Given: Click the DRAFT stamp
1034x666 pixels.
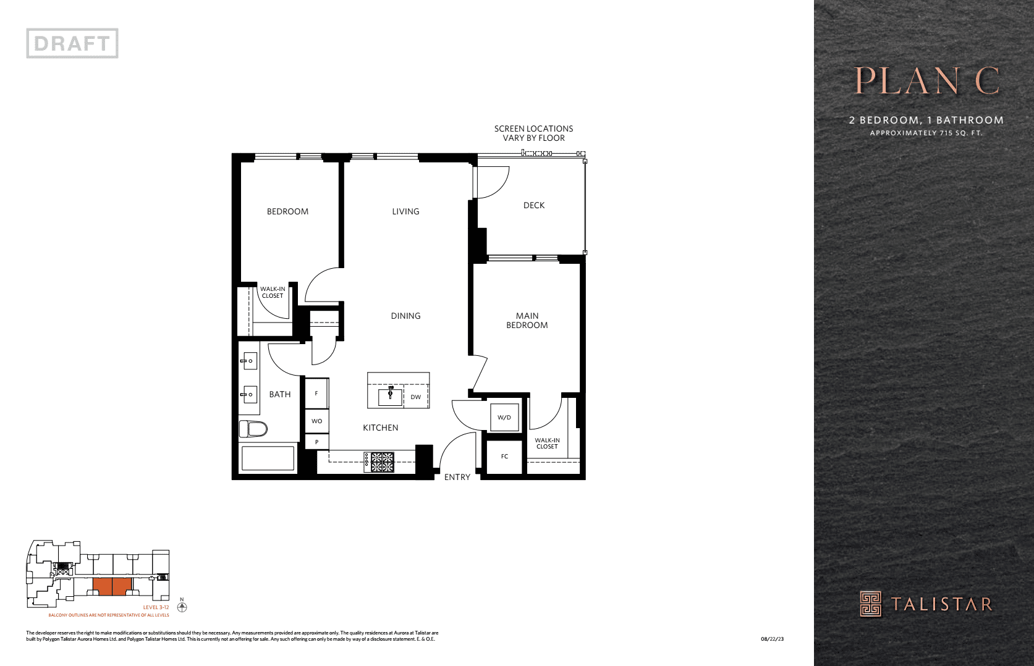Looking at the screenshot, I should click(72, 43).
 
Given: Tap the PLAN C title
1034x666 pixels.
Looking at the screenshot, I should click(926, 81).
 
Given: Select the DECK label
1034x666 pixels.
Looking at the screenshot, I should click(534, 205).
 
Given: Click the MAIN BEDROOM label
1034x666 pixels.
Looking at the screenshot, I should click(527, 320).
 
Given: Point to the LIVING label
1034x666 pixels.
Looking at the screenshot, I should click(405, 211).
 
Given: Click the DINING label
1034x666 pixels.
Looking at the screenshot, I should click(405, 316).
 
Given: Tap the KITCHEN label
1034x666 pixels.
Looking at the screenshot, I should click(380, 428).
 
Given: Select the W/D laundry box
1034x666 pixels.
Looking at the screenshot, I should click(504, 417).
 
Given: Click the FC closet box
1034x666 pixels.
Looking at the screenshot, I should click(504, 456).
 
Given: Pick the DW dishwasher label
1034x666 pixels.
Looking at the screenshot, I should click(416, 397).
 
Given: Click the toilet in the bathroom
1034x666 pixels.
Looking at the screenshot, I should click(253, 428).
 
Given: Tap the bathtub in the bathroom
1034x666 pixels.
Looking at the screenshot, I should click(268, 458).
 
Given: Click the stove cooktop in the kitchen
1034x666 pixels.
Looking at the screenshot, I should click(379, 462).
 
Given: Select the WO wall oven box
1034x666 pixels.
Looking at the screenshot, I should click(316, 421).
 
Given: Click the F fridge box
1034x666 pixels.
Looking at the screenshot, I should click(316, 393).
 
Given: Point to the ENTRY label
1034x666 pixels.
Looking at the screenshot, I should click(457, 477).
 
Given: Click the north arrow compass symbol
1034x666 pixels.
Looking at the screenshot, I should click(182, 607).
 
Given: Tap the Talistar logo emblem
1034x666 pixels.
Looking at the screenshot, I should click(871, 604).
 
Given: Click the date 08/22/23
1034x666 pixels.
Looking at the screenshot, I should click(772, 639).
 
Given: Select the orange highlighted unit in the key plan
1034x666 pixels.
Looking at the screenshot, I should click(112, 586).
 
